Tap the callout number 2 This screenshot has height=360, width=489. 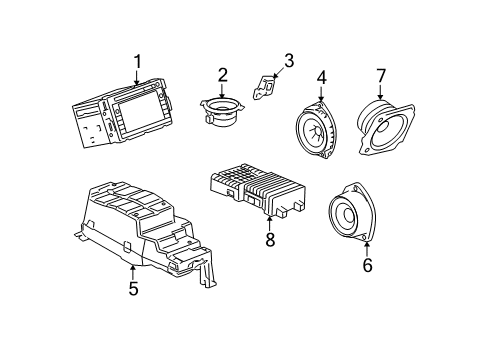222,73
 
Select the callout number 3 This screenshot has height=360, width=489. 288,62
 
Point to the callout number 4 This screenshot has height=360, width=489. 321,78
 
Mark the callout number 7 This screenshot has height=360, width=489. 380,76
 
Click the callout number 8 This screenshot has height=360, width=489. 269,239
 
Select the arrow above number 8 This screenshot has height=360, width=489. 269,222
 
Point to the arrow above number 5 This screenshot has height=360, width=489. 132,272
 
